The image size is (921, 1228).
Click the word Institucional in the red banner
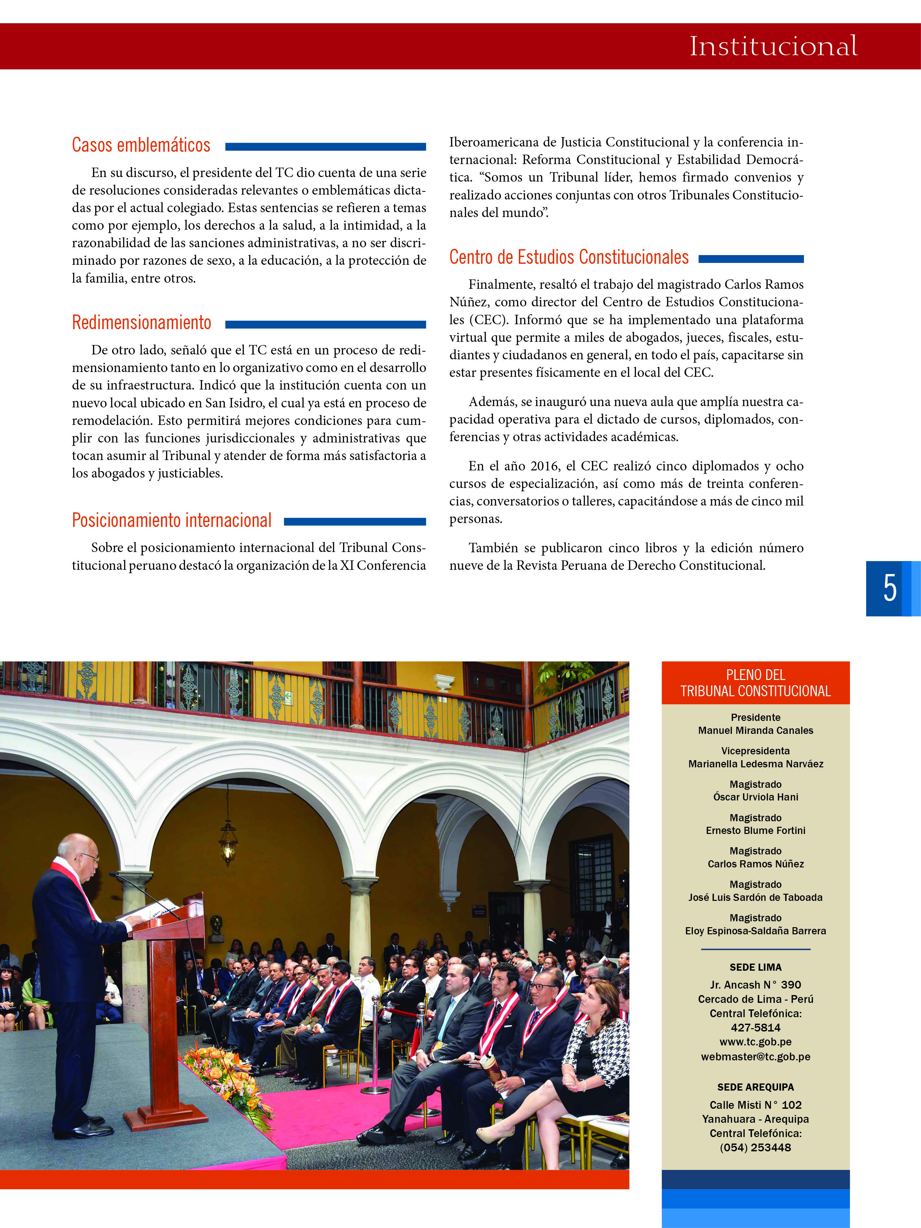pyautogui.click(x=773, y=46)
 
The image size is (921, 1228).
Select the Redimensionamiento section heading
pyautogui.click(x=142, y=323)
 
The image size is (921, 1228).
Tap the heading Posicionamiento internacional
pyautogui.click(x=172, y=520)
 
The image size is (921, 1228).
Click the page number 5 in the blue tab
pyautogui.click(x=889, y=588)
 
